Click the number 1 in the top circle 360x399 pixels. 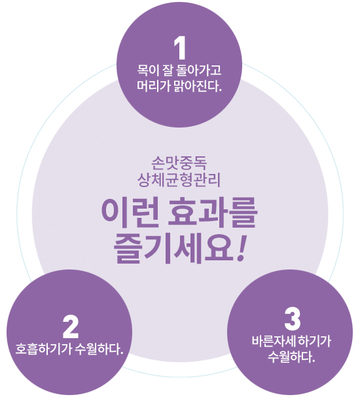pyautogui.click(x=180, y=48)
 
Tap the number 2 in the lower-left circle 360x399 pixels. pyautogui.click(x=70, y=327)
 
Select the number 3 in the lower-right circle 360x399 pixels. pyautogui.click(x=293, y=319)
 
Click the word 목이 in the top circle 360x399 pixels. pyautogui.click(x=147, y=70)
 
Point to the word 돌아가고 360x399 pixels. pyautogui.click(x=198, y=70)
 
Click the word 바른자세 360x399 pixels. pyautogui.click(x=273, y=341)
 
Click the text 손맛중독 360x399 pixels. pyautogui.click(x=179, y=163)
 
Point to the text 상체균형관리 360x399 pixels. pyautogui.click(x=179, y=180)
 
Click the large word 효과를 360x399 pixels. pyautogui.click(x=212, y=213)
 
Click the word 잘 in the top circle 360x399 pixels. pyautogui.click(x=166, y=70)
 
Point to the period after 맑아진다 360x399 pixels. pyautogui.click(x=221, y=90)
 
